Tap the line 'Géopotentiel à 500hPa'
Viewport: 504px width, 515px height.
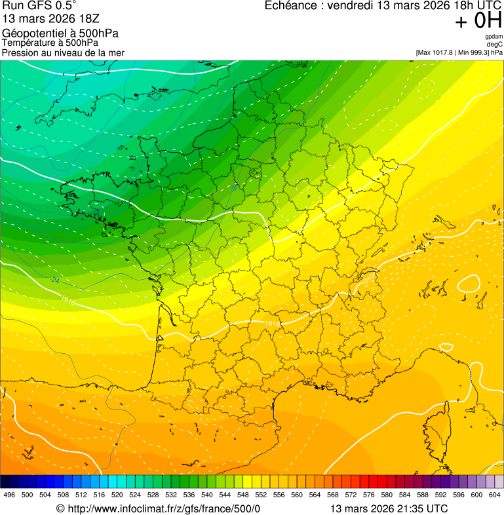pyautogui.click(x=60, y=33)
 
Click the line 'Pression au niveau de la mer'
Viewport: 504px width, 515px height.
pyautogui.click(x=63, y=52)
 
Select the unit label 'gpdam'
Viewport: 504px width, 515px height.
pyautogui.click(x=494, y=37)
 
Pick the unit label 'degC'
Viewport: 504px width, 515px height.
pyautogui.click(x=495, y=44)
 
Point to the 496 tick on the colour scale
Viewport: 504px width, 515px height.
pyautogui.click(x=9, y=495)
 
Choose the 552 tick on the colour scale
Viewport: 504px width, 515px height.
pyautogui.click(x=261, y=495)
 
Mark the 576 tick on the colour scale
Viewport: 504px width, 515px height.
pyautogui.click(x=369, y=495)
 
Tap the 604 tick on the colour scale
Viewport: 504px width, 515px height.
pyautogui.click(x=495, y=495)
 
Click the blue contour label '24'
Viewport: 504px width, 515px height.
pyautogui.click(x=55, y=281)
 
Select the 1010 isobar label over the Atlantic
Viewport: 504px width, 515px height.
pyautogui.click(x=68, y=301)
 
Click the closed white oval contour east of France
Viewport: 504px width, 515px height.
pyautogui.click(x=468, y=284)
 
